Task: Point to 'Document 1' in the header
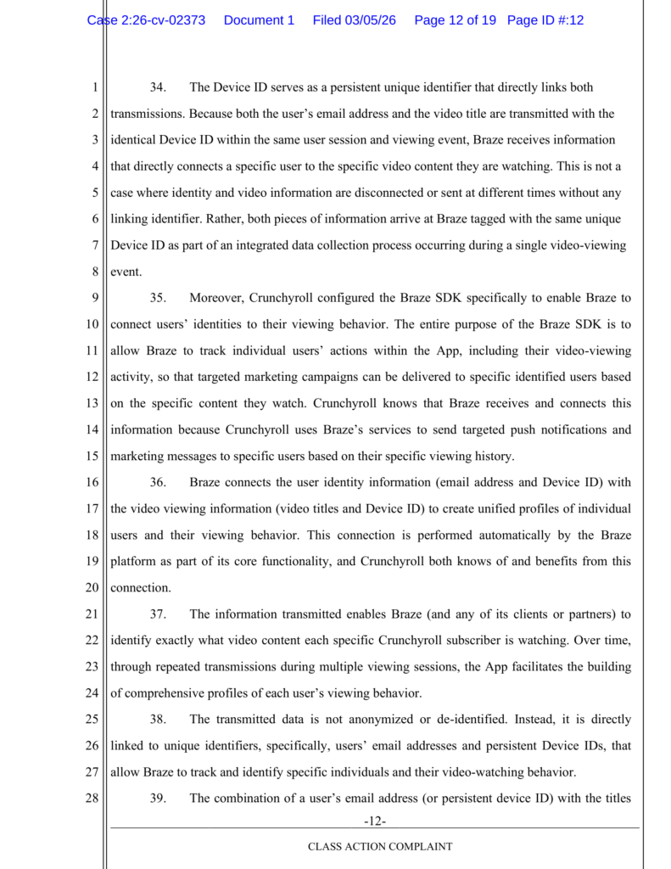click(x=259, y=20)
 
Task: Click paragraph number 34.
click(x=158, y=87)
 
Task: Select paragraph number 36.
click(x=158, y=482)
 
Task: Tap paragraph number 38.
click(x=158, y=719)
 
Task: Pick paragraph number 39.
click(x=158, y=798)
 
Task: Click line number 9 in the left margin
click(x=95, y=298)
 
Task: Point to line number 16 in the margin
click(x=92, y=482)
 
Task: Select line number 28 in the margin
click(x=92, y=798)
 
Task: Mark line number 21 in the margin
click(x=92, y=614)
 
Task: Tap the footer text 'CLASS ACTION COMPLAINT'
click(x=379, y=846)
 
